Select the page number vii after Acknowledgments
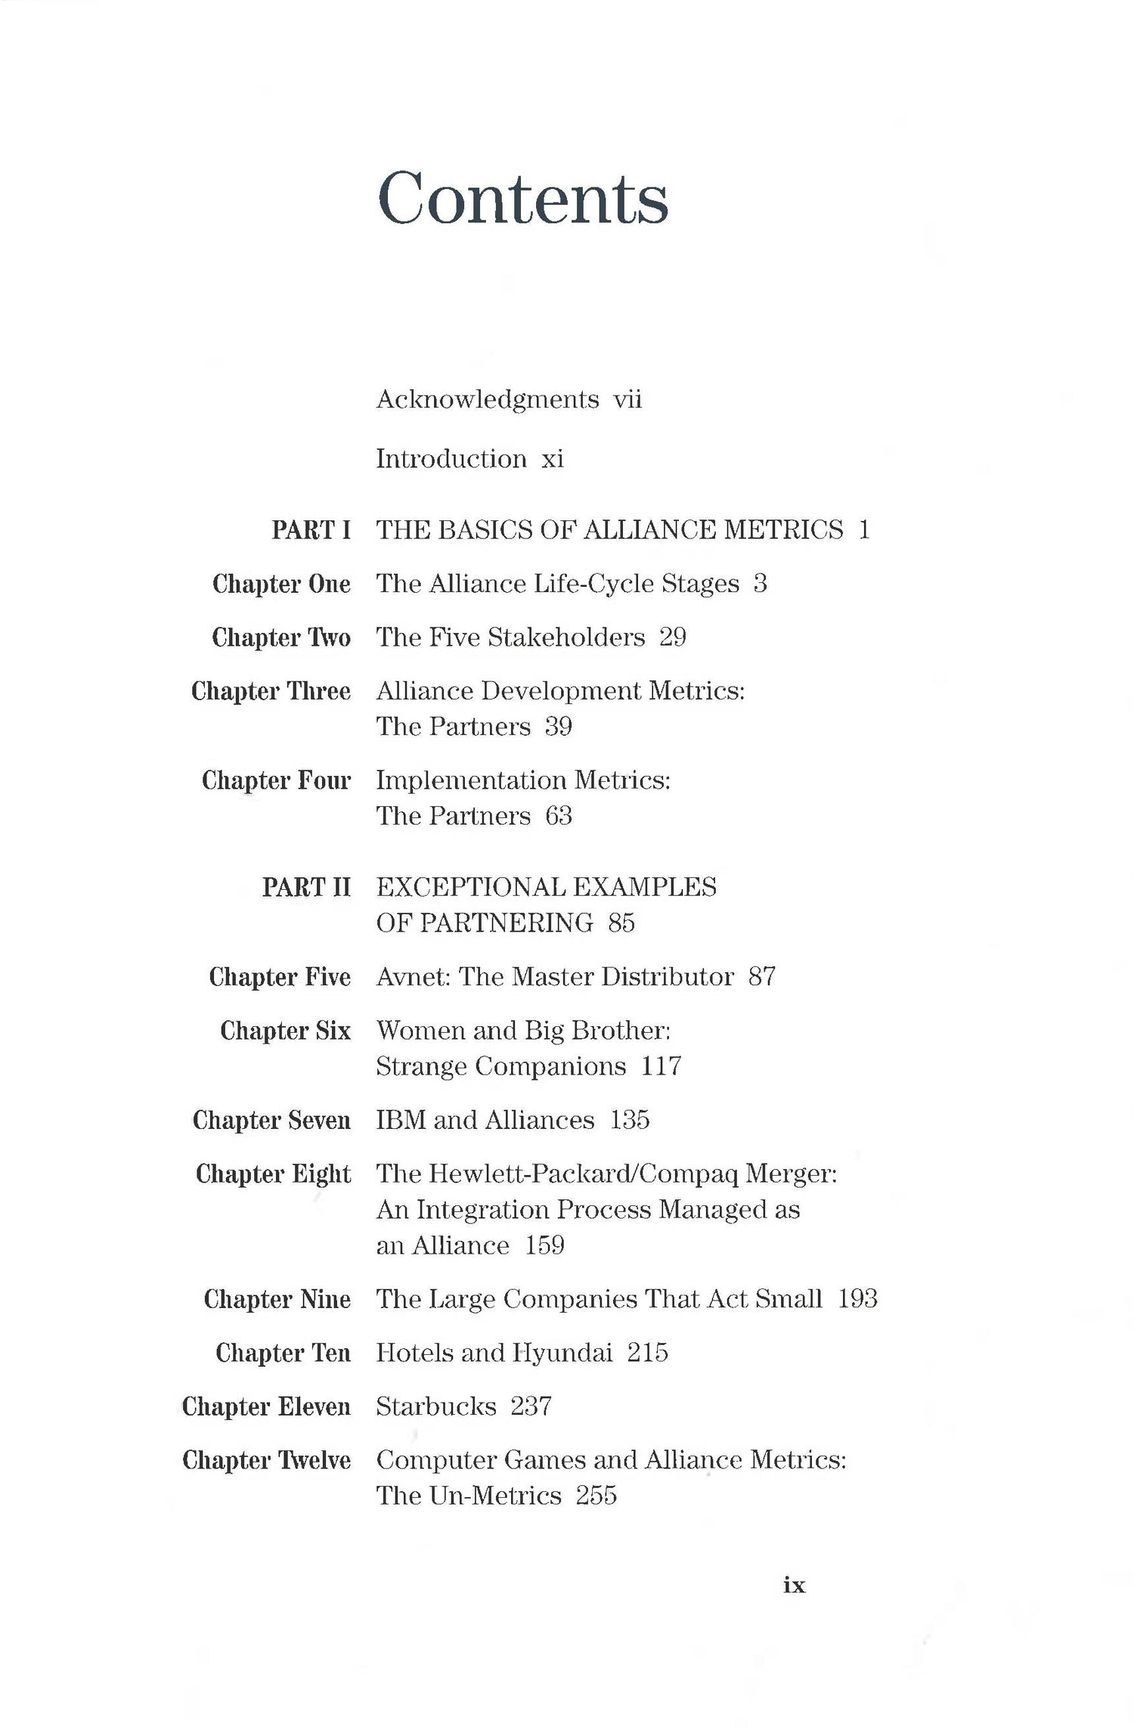tap(627, 399)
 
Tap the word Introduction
tap(451, 459)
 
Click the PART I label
tap(311, 530)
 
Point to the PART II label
tap(306, 887)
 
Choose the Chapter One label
tap(281, 584)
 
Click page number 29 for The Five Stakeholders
tap(672, 637)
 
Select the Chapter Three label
tap(271, 691)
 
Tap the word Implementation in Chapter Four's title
tap(471, 780)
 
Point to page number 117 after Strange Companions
tap(661, 1066)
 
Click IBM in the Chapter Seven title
tap(401, 1120)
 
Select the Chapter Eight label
tap(273, 1174)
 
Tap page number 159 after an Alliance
tap(544, 1245)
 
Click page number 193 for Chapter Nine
tap(857, 1299)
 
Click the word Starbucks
tap(436, 1406)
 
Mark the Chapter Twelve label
tap(266, 1460)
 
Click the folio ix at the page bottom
tap(795, 1585)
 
